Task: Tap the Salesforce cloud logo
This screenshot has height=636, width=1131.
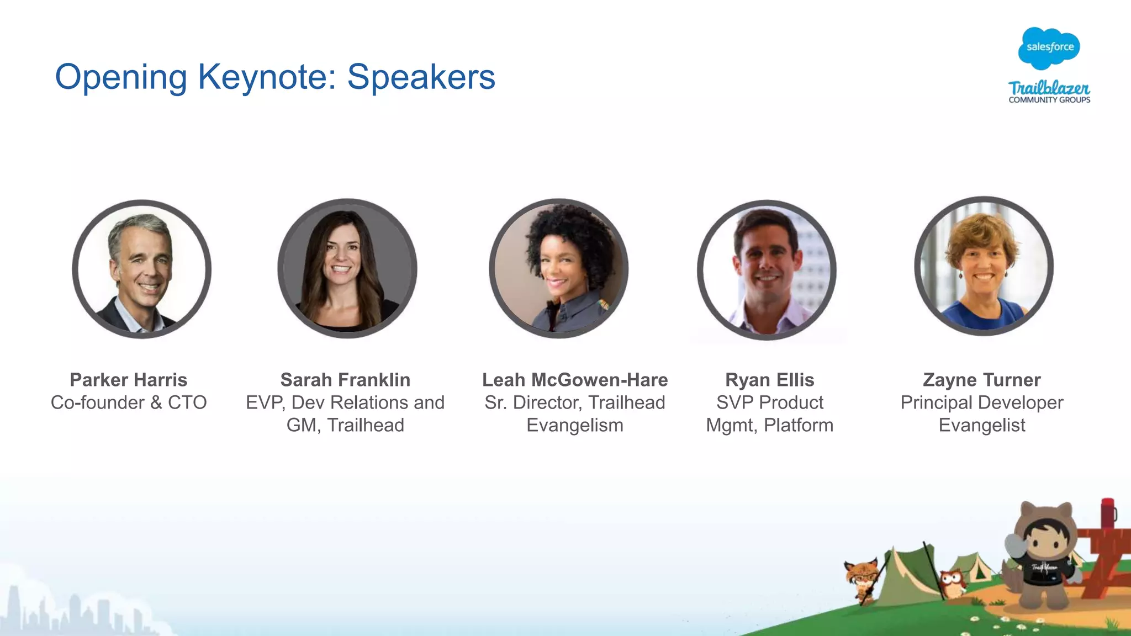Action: click(1049, 48)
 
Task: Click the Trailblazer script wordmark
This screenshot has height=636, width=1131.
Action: click(1049, 88)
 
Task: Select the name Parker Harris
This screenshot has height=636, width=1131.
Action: click(129, 380)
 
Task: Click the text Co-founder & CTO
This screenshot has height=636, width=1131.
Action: click(129, 402)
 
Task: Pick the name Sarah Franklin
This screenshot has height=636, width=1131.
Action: click(345, 380)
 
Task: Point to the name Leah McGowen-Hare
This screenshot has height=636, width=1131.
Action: click(575, 380)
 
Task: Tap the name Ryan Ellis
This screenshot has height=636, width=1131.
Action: click(769, 380)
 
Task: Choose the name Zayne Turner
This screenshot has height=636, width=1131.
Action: click(981, 380)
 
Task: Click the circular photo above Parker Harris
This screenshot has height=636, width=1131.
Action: click(141, 269)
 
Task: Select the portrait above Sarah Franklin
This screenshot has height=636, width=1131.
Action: click(347, 268)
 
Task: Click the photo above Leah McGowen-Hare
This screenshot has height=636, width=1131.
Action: click(558, 268)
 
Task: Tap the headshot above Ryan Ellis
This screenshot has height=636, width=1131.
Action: click(767, 270)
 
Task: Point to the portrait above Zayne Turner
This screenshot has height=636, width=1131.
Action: click(984, 266)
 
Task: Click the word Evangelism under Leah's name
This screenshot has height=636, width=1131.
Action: click(575, 425)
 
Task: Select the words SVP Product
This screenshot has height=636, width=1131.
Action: click(769, 402)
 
